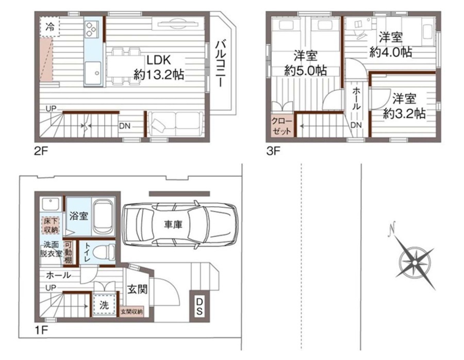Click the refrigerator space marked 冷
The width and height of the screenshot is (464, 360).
click(49, 27)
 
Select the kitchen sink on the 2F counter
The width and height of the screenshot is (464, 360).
click(93, 73)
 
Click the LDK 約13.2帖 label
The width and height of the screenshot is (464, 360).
click(159, 68)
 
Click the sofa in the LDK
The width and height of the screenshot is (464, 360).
click(175, 123)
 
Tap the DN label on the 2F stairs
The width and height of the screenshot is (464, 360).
click(125, 126)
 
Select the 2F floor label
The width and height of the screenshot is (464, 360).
click(41, 152)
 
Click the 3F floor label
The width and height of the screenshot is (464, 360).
click(273, 152)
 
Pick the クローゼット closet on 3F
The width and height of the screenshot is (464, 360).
click(282, 126)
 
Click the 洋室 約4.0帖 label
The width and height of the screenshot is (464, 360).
click(391, 45)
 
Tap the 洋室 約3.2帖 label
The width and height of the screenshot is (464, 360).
click(404, 106)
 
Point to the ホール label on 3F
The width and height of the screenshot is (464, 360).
click(356, 99)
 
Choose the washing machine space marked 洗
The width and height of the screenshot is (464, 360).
click(104, 305)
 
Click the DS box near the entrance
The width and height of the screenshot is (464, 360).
click(200, 306)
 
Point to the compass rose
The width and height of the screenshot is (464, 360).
click(415, 263)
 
